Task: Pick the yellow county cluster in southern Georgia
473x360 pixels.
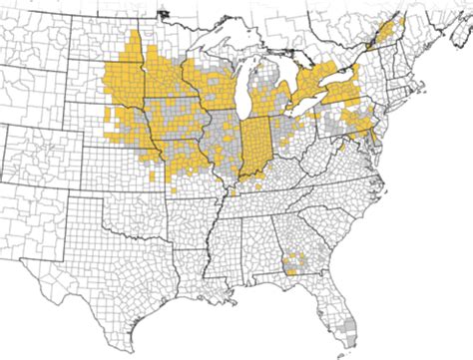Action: click(x=290, y=263)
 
